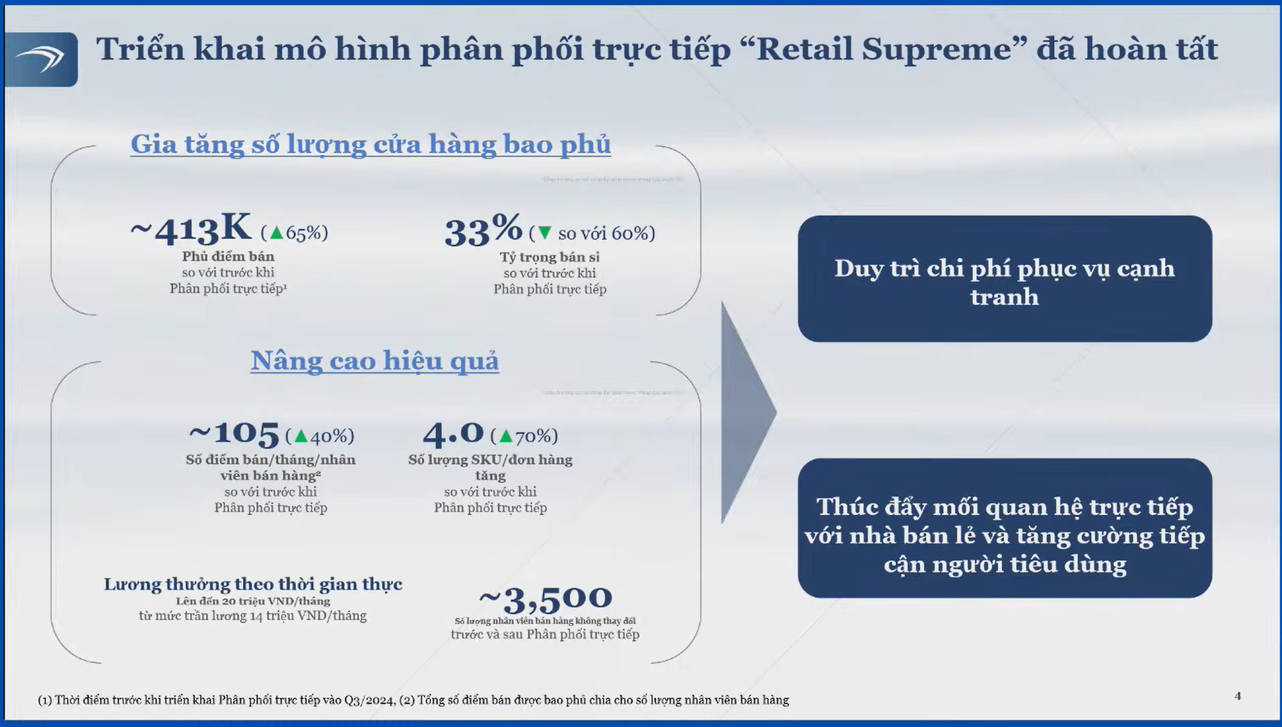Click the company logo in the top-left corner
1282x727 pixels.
[41, 59]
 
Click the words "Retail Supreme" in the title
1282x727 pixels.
[883, 50]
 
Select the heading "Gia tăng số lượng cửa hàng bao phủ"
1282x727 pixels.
[370, 144]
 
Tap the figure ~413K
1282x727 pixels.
[191, 230]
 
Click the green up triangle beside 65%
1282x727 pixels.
[277, 232]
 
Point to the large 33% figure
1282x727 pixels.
[483, 230]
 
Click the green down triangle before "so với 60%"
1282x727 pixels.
[545, 232]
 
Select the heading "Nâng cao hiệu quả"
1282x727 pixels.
[375, 361]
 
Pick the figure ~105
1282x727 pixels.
[234, 433]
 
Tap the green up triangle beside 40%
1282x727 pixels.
[301, 436]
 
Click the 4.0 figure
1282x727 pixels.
[453, 433]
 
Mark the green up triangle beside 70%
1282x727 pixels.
[506, 436]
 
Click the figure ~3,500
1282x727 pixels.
[545, 599]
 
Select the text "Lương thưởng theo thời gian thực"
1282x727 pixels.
[253, 584]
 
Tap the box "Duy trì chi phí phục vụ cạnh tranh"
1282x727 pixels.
[1004, 279]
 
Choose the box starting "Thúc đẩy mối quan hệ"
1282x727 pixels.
[1004, 528]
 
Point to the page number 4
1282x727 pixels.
[1237, 696]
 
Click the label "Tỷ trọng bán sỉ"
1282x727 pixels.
[549, 257]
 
